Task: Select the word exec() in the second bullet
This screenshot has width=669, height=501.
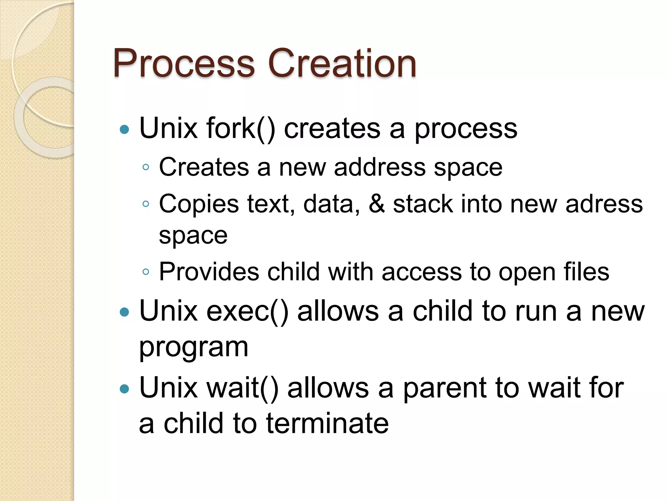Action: [247, 311]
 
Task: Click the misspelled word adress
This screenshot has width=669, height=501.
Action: [604, 204]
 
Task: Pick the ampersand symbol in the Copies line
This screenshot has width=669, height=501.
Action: [376, 204]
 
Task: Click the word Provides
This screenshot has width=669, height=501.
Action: [209, 272]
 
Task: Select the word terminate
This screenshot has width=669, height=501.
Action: [327, 423]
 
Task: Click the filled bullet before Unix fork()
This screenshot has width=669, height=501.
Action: [124, 129]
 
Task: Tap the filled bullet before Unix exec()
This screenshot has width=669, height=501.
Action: [124, 312]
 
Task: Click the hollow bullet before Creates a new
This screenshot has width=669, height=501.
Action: [146, 168]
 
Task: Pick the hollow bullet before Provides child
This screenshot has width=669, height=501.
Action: [146, 272]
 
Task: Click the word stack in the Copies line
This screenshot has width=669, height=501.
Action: [423, 204]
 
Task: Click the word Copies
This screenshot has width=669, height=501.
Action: [199, 205]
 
